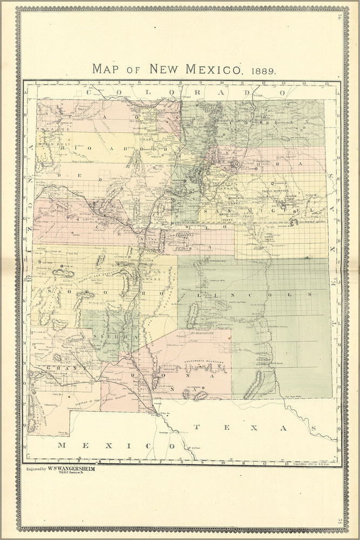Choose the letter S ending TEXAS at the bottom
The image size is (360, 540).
pos(313,427)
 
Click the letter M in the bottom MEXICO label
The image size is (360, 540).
pos(61,446)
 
